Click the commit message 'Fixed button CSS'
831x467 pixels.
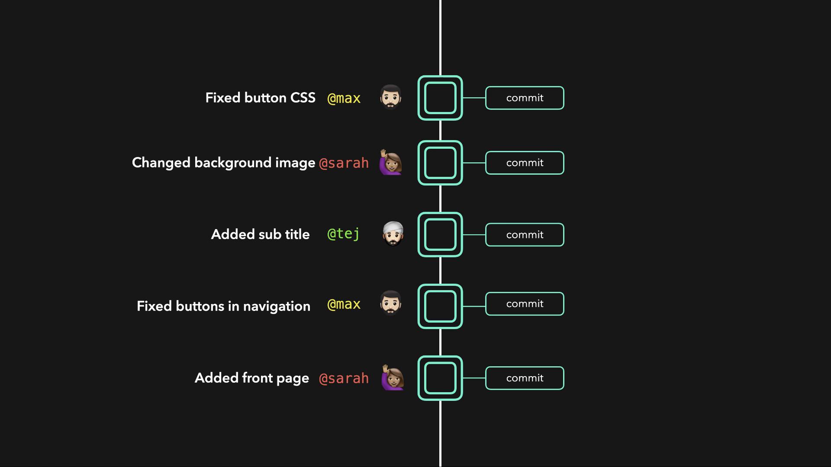coord(260,98)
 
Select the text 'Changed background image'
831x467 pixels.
coord(223,163)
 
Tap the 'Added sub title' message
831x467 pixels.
coord(260,234)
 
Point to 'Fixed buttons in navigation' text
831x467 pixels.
coord(223,306)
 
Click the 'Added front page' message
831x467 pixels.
coord(252,378)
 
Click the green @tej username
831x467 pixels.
coord(344,234)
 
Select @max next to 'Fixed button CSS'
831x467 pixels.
coord(344,98)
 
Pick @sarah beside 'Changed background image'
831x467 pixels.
coord(344,163)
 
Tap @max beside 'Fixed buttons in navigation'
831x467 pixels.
coord(344,304)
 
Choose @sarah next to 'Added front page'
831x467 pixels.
coord(344,378)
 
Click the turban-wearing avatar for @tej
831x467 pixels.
coord(393,234)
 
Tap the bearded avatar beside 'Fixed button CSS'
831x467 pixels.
coord(390,97)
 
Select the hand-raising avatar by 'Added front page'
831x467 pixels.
coord(392,377)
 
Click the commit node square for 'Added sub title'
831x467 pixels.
coord(440,234)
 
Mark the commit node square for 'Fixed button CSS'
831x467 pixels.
coord(440,98)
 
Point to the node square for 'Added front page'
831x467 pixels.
coord(440,378)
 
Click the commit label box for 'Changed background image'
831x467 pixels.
coord(525,163)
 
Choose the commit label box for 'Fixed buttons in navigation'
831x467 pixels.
coord(525,304)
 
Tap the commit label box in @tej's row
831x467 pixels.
coord(525,234)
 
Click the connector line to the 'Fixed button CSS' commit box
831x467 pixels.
coord(474,98)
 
